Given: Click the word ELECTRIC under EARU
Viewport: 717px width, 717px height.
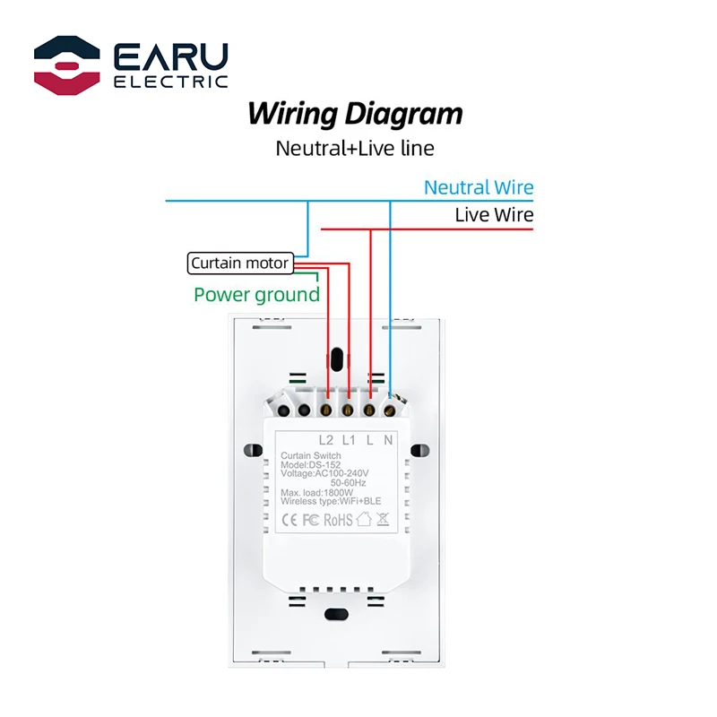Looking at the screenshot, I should [x=171, y=82].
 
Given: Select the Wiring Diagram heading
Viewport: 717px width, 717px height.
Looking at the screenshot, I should [x=355, y=114].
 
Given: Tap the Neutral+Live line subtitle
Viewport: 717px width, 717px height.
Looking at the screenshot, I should [x=355, y=147].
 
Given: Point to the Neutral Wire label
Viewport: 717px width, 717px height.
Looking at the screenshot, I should [x=479, y=188].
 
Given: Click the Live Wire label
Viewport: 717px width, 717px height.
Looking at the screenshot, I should [x=494, y=215].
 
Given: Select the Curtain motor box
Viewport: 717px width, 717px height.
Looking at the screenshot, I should [x=239, y=263].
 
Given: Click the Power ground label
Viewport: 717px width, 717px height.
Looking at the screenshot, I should [x=256, y=295].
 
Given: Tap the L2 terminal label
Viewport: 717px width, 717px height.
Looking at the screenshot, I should [x=327, y=440].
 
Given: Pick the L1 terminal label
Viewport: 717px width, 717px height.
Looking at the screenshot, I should [x=349, y=440].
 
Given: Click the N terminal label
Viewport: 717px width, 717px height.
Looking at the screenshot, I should [x=388, y=440].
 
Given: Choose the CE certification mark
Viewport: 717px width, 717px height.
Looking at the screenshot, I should [x=290, y=518].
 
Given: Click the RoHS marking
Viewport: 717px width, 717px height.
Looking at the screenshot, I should [x=337, y=518].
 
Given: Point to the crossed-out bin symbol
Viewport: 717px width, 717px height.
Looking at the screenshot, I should [x=383, y=518].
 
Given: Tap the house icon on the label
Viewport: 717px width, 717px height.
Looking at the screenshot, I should [x=363, y=518].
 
